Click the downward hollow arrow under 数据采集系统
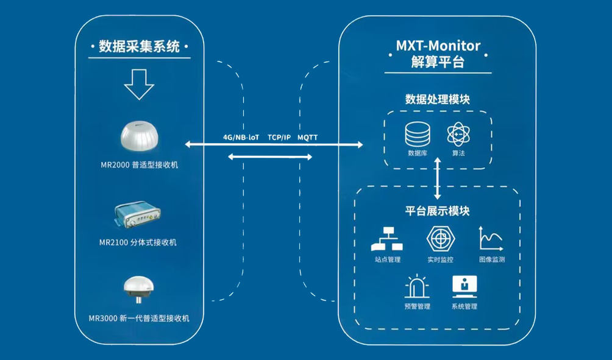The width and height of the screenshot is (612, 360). pos(139,85)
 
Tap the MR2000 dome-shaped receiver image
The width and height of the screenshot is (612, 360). pos(140,136)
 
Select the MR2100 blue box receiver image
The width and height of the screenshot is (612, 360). pos(137,214)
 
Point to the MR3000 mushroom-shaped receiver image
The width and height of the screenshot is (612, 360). pos(138,289)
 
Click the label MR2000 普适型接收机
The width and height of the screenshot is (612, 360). pos(140,165)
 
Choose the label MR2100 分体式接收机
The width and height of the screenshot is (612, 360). pos(138,242)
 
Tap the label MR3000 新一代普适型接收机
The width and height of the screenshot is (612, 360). pos(139,318)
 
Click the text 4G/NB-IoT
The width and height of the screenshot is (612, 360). pos(241,137)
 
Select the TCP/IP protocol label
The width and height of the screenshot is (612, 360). pos(279,137)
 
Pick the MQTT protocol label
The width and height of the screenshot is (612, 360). pos(308,137)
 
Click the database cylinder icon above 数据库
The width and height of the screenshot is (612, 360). pos(418,134)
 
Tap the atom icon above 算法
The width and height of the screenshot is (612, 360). pos(458,135)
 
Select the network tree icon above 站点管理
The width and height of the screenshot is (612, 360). pos(387,239)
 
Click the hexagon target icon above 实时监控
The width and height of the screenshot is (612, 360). pos(441,239)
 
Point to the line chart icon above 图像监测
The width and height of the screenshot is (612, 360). pos(491,238)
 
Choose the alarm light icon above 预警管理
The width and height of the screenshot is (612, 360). pos(417,286)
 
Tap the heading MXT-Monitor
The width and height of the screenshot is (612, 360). pos(438,46)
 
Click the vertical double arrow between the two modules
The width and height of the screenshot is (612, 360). pos(438,178)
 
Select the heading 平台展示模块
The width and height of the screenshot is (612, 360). pos(437,211)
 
